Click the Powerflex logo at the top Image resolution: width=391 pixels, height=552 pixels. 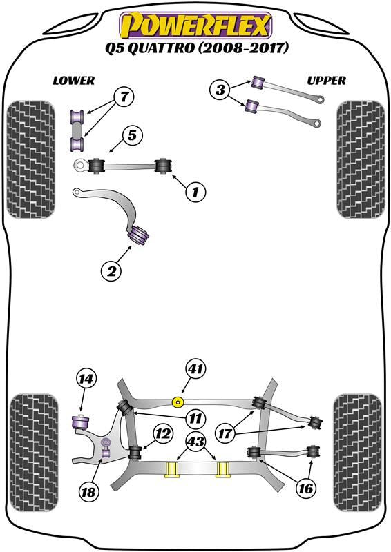(x=195, y=25)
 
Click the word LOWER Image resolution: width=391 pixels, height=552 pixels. (x=74, y=81)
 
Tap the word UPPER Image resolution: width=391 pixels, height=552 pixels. (x=327, y=81)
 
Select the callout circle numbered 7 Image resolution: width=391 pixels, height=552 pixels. (x=124, y=97)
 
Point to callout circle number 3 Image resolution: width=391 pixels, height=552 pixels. (x=220, y=90)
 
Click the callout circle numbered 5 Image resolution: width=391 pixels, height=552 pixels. (x=132, y=135)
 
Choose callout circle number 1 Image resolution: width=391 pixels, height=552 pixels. (x=195, y=192)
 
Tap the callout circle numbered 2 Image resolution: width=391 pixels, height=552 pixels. (x=111, y=271)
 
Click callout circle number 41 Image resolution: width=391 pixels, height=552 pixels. (x=195, y=369)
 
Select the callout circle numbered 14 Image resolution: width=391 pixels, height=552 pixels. (x=86, y=379)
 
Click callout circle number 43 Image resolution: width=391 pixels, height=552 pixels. (x=196, y=442)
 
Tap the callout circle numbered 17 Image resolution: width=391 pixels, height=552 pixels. (x=225, y=433)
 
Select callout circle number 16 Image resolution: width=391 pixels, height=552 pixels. (x=305, y=488)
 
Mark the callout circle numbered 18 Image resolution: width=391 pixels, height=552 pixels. (x=88, y=491)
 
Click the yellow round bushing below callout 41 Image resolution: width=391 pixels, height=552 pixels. (x=178, y=402)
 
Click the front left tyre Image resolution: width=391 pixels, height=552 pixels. (x=31, y=159)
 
